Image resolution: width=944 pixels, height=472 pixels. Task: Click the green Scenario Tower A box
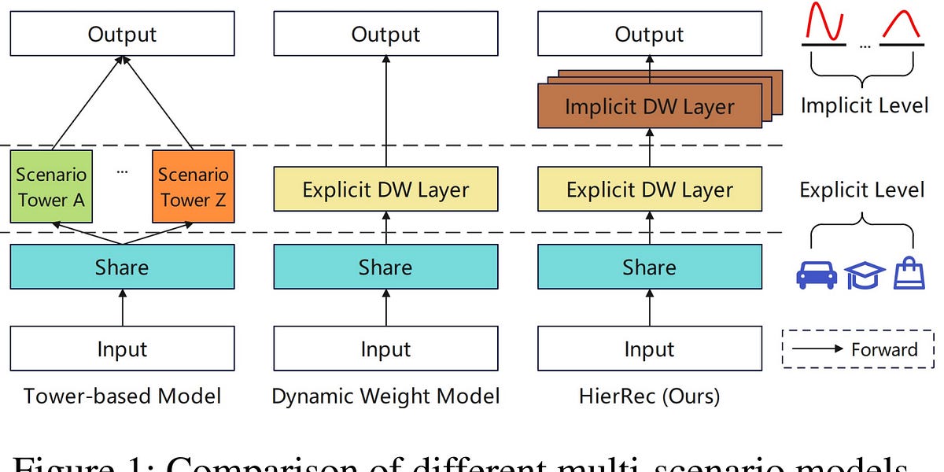click(x=51, y=187)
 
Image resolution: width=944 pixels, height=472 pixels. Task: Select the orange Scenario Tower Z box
click(x=193, y=187)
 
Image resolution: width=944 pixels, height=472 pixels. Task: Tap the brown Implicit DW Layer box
click(x=649, y=108)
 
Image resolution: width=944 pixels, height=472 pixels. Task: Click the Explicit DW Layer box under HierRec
click(x=649, y=190)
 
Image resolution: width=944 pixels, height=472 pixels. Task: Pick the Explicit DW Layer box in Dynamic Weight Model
click(x=385, y=190)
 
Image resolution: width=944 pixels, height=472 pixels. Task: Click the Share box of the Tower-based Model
click(x=122, y=267)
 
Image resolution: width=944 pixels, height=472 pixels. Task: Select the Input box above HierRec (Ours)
click(x=649, y=348)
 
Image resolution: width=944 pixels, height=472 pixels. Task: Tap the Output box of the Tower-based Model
click(x=122, y=35)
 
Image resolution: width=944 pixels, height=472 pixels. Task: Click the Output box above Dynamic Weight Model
click(x=385, y=35)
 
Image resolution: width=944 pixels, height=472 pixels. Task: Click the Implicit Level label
click(x=864, y=105)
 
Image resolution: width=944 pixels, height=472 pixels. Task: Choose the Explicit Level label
click(x=862, y=190)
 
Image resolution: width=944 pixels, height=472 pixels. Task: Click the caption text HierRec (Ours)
click(x=649, y=396)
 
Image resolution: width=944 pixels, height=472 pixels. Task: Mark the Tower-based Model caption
click(x=122, y=396)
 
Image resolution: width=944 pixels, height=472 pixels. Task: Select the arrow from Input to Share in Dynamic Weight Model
click(x=385, y=308)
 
